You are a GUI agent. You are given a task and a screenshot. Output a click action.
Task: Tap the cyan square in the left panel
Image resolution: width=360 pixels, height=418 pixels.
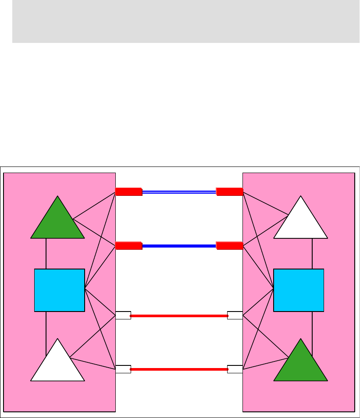point(60,290)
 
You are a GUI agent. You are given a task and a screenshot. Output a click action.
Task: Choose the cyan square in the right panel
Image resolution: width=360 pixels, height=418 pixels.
point(299,290)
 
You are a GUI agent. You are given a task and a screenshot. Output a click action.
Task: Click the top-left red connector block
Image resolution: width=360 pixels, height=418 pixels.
point(128,191)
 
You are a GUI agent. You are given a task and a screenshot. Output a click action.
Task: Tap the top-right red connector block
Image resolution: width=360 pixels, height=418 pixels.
point(229,191)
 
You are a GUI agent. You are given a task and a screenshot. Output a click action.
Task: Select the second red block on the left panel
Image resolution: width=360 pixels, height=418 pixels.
point(128,246)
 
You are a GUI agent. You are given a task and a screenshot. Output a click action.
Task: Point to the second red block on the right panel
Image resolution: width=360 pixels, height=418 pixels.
point(229,246)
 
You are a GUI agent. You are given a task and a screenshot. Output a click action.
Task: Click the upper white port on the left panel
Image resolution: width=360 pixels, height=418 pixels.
point(123,315)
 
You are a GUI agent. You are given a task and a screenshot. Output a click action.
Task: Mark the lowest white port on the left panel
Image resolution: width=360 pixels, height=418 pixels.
point(123,369)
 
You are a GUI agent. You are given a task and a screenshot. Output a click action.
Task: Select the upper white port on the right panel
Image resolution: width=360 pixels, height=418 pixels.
point(235,315)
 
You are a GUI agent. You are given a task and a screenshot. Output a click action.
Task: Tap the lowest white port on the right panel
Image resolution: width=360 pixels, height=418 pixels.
point(235,369)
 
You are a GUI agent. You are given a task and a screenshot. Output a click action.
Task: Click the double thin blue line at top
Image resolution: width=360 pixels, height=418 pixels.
point(179,191)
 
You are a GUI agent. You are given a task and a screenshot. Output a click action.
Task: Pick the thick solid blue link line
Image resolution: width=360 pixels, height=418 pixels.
point(179,246)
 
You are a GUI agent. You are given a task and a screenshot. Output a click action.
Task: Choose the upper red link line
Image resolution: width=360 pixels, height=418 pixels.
point(179,315)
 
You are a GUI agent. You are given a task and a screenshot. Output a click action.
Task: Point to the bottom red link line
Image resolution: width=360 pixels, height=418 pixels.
point(179,369)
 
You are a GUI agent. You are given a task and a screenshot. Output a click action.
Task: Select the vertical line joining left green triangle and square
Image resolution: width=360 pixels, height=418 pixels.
point(46,254)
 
